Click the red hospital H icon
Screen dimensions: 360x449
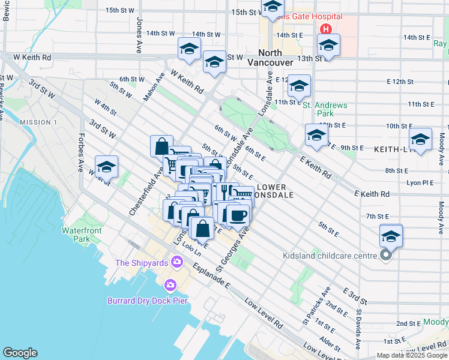(x=325, y=29)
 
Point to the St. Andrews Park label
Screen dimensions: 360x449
(x=325, y=109)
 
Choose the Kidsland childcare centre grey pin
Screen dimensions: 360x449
(x=385, y=256)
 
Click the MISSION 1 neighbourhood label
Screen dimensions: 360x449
(x=38, y=122)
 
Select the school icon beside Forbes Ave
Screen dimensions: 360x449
(x=106, y=167)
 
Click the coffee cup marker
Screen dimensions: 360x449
(x=238, y=215)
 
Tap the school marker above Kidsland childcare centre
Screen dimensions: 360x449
(x=391, y=236)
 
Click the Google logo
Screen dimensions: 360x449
(x=20, y=353)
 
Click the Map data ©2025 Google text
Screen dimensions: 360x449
(x=412, y=355)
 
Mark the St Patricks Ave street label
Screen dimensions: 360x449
(x=316, y=305)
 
